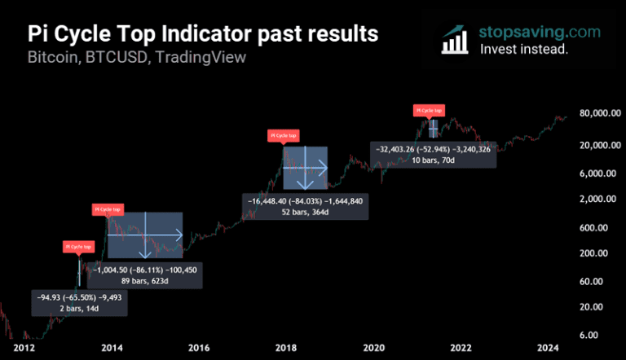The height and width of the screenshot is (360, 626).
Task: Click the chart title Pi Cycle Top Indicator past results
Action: click(203, 34)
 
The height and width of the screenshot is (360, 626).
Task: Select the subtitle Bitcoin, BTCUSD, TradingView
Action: click(137, 58)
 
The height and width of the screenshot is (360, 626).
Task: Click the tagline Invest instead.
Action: click(523, 49)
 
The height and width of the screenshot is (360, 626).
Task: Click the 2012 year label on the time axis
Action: click(24, 349)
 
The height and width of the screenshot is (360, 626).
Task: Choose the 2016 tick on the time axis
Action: click(200, 349)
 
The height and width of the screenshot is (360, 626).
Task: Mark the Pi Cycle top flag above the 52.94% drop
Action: click(430, 109)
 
